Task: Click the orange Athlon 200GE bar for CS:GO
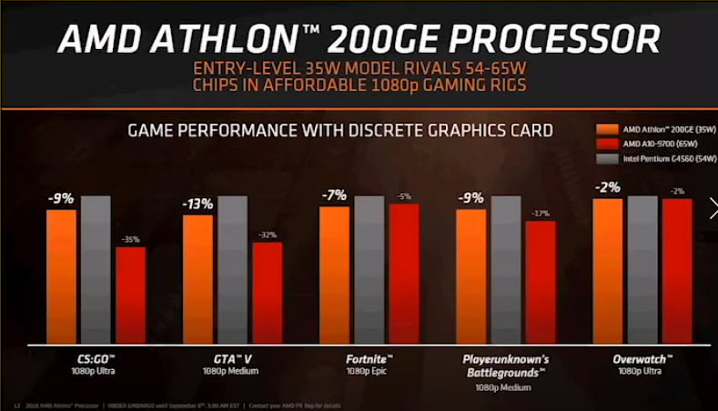click(62, 276)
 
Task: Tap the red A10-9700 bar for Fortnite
click(404, 274)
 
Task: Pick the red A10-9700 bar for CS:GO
click(130, 296)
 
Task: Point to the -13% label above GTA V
click(198, 205)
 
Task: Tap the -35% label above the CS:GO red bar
click(130, 239)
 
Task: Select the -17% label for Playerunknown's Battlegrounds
click(541, 213)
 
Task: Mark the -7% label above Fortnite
click(335, 195)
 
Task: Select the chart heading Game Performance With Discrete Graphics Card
click(339, 130)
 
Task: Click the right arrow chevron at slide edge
click(713, 209)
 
